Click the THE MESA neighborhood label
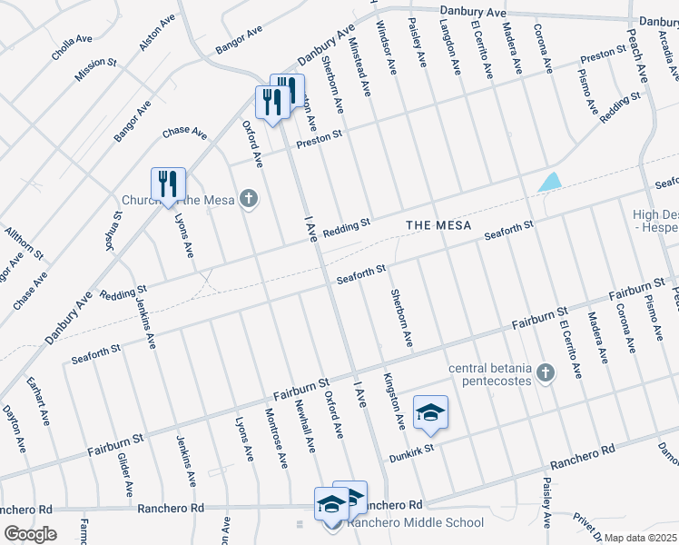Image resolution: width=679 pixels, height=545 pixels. click(x=438, y=225)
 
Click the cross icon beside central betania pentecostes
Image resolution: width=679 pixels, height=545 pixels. click(x=545, y=372)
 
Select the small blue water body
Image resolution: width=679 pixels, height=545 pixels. click(x=549, y=182)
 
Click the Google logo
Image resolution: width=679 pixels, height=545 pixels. click(x=30, y=534)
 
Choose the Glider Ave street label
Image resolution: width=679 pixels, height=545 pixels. click(x=126, y=472)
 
